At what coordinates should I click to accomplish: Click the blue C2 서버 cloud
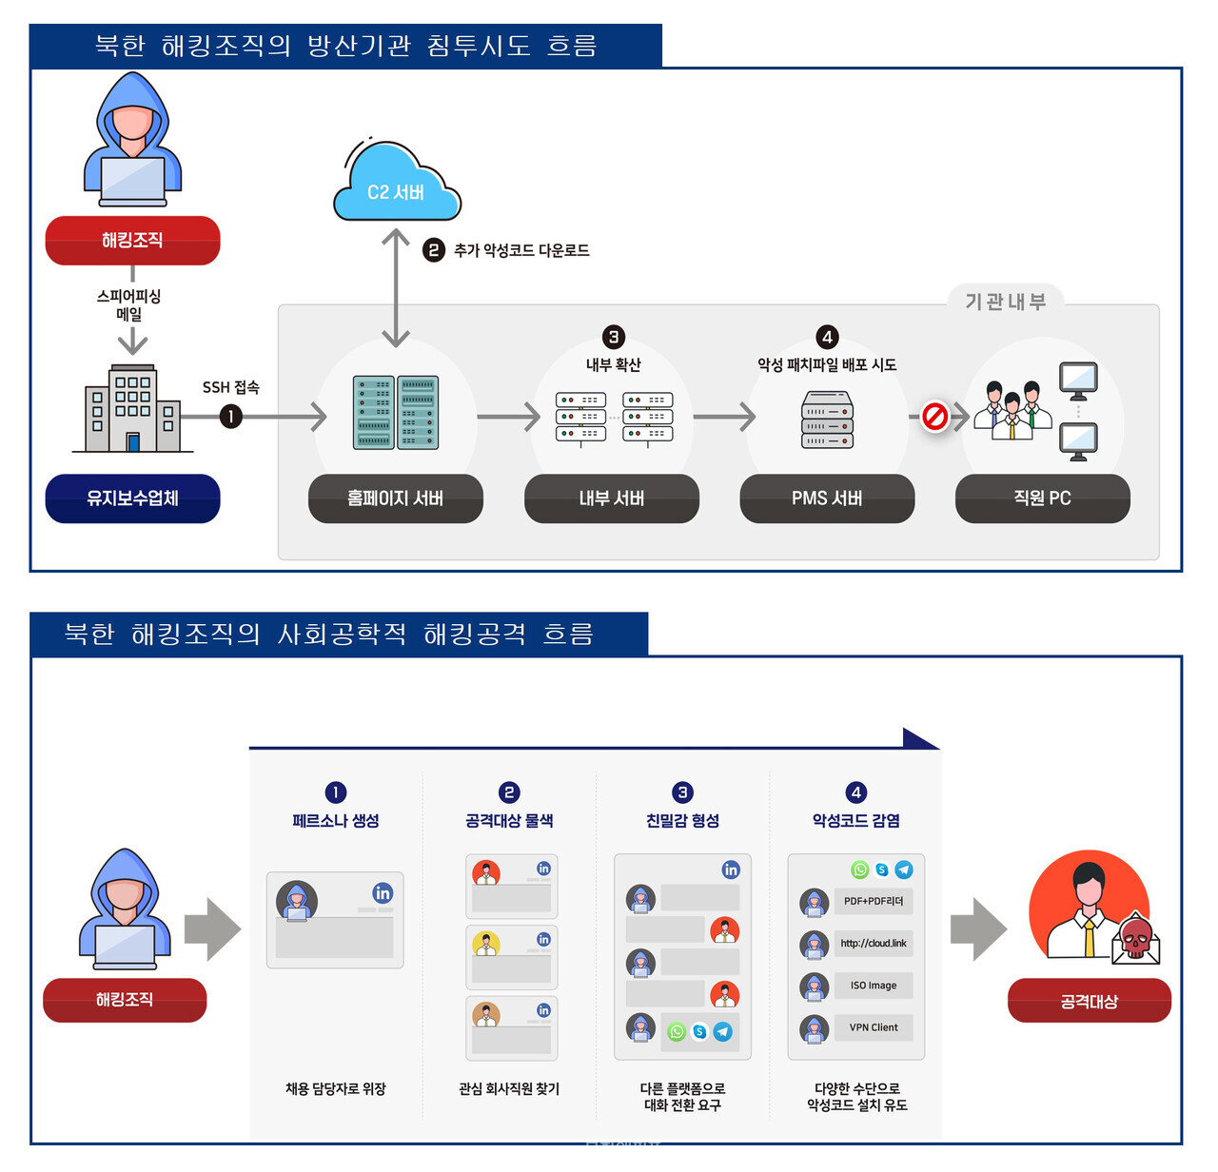point(397,186)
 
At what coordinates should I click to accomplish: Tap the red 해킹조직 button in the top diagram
point(132,241)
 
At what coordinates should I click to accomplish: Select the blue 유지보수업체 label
point(132,498)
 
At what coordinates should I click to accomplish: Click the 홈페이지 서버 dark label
point(395,498)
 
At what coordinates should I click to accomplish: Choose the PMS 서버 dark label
point(827,498)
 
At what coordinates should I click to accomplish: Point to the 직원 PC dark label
point(1042,498)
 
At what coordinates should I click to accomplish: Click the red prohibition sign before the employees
point(934,417)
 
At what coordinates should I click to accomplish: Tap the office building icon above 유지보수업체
point(132,409)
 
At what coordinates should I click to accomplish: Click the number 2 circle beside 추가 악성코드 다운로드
point(434,250)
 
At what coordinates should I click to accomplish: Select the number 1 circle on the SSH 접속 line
point(230,417)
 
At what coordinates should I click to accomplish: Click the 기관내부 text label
point(1005,302)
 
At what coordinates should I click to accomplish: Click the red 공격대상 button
point(1089,1001)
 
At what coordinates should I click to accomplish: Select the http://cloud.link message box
point(873,944)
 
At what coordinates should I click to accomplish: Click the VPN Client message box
point(873,1027)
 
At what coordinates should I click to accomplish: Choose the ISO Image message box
point(873,986)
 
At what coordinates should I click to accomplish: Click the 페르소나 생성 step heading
point(335,820)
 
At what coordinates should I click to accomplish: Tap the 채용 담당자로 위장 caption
point(335,1088)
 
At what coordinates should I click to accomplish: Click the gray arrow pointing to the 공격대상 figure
point(977,928)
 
